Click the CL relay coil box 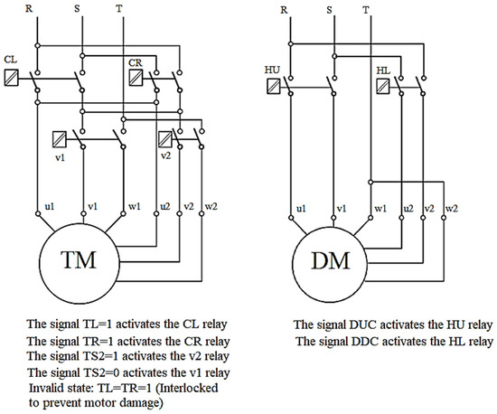click(x=12, y=78)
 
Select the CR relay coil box click(x=136, y=78)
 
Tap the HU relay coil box click(x=274, y=87)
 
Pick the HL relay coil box click(x=383, y=87)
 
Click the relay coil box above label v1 click(x=60, y=139)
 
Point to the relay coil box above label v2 click(x=165, y=139)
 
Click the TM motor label click(x=78, y=260)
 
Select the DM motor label click(x=331, y=261)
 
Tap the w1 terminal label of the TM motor click(x=135, y=206)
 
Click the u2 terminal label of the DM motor click(x=408, y=208)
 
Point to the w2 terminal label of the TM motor click(x=211, y=206)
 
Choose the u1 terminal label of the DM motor click(x=301, y=208)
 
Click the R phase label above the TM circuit click(x=29, y=8)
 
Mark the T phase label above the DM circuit click(x=366, y=10)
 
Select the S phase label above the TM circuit click(x=77, y=8)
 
